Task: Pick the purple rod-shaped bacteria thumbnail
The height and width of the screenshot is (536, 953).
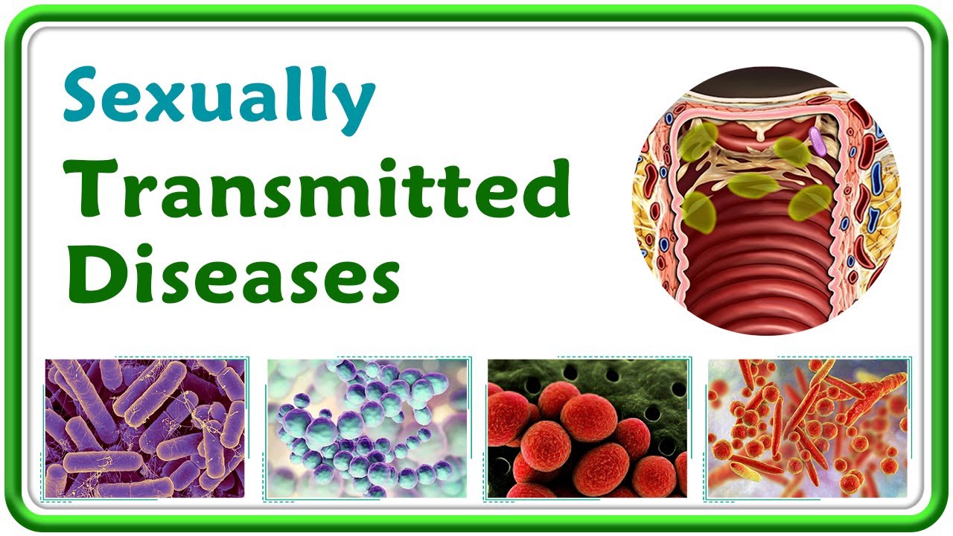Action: point(144,428)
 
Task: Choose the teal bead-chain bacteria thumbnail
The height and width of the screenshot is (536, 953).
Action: point(366,428)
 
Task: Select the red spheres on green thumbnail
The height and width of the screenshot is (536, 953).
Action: point(587,428)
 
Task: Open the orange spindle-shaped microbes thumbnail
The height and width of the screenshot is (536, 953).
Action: point(807,428)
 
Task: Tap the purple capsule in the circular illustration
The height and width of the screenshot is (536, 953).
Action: point(817,141)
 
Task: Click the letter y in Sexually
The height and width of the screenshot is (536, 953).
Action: point(351,104)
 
